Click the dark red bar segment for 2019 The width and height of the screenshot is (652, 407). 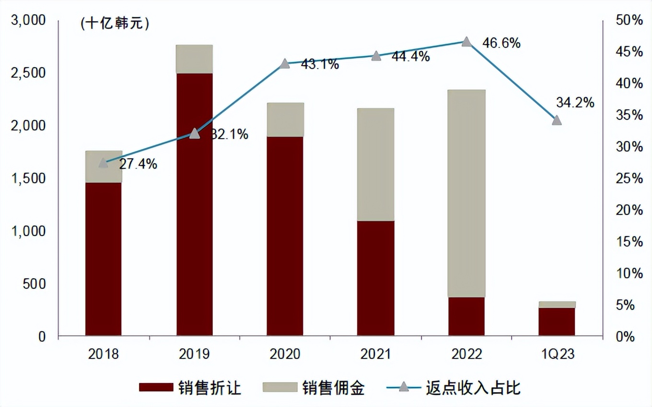[195, 204]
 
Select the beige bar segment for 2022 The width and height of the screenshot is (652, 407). [466, 193]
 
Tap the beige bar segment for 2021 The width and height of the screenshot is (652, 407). [376, 164]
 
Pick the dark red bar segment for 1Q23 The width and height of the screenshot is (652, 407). [557, 321]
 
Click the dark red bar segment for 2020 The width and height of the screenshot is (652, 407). [285, 236]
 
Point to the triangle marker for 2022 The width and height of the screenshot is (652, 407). [466, 42]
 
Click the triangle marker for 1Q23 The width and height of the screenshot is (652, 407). [557, 120]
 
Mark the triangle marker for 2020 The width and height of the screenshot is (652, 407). [285, 64]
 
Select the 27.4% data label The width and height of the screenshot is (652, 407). [138, 164]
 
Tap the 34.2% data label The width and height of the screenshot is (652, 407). [575, 102]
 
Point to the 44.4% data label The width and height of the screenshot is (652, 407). [410, 57]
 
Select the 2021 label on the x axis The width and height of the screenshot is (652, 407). [376, 354]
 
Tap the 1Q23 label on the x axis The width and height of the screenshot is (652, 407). [557, 354]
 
